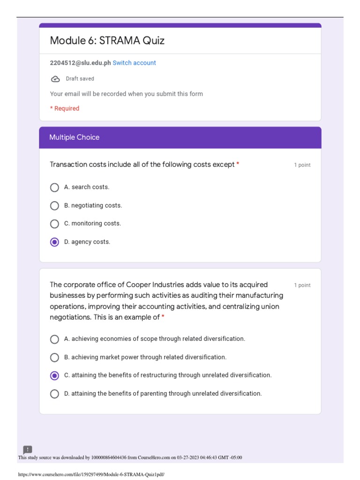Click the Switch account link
134,63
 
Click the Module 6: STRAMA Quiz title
107,41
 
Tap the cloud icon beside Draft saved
55,79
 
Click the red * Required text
65,108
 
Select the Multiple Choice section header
74,137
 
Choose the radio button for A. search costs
54,187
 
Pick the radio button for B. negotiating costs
54,206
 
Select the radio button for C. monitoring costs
54,224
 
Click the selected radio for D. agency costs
54,242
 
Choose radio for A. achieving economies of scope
54,339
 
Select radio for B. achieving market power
54,358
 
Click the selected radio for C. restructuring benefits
54,375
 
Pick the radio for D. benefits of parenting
54,394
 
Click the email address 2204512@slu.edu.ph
80,63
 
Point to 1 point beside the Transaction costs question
302,165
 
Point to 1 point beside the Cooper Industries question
302,285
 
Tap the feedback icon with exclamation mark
28,450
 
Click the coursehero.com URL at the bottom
91,474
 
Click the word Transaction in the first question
68,165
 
